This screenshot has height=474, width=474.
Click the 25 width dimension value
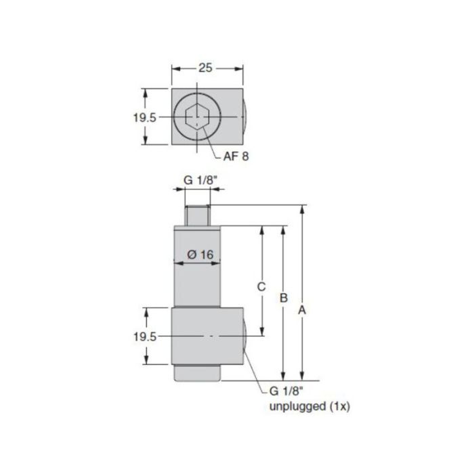(207, 68)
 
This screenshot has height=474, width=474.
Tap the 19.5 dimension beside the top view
(144, 116)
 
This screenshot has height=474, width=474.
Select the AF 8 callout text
(236, 156)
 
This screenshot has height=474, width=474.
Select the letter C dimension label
(261, 286)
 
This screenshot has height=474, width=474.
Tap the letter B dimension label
(284, 298)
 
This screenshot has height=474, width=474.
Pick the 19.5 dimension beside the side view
(144, 337)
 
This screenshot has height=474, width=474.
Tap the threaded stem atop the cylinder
(197, 215)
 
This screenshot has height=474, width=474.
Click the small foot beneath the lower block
(197, 373)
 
